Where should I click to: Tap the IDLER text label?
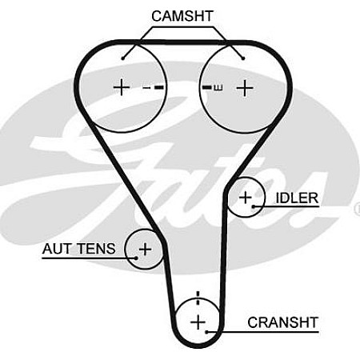click(296, 198)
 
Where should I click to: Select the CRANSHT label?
click(282, 322)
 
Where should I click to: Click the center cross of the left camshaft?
click(121, 86)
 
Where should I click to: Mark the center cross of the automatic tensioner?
click(145, 250)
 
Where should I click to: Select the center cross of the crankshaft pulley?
click(198, 322)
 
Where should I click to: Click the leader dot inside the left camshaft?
click(123, 57)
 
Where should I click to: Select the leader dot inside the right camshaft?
click(242, 57)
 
